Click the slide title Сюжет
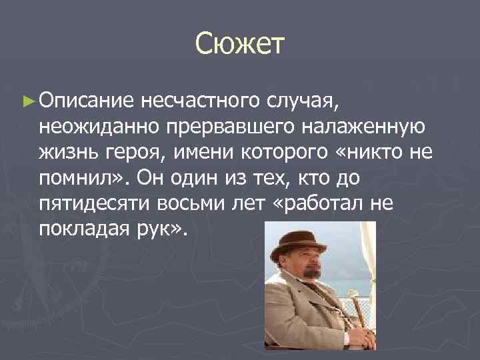pos(240,45)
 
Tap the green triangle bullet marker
pos(27,102)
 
